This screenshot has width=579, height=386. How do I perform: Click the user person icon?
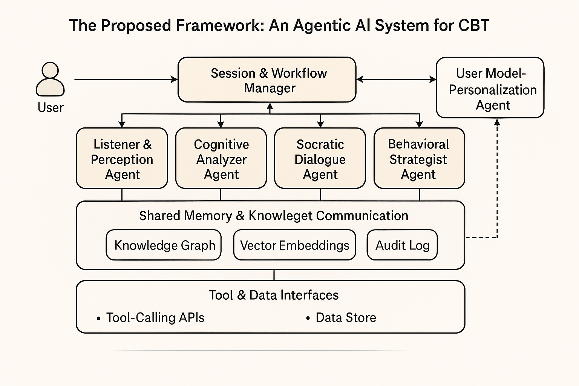click(50, 79)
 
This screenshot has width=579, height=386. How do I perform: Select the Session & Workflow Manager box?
click(267, 80)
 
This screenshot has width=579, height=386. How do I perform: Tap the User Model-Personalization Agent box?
click(490, 87)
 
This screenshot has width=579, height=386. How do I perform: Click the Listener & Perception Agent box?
click(122, 158)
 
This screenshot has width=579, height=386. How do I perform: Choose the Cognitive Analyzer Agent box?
click(221, 158)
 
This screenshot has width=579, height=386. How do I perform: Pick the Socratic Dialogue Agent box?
click(320, 158)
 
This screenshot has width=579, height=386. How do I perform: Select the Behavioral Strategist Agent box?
click(419, 158)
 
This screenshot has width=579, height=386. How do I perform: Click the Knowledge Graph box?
click(164, 245)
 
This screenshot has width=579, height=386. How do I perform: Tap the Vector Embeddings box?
click(295, 245)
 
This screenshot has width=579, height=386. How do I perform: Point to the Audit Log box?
click(402, 245)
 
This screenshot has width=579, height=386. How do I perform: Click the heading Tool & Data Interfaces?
click(274, 295)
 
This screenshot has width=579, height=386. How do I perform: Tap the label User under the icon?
click(51, 107)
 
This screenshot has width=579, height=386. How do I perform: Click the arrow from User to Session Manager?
click(126, 80)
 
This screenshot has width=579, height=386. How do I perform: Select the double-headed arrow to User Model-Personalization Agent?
click(396, 80)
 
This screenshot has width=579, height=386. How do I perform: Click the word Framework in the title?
click(218, 25)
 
